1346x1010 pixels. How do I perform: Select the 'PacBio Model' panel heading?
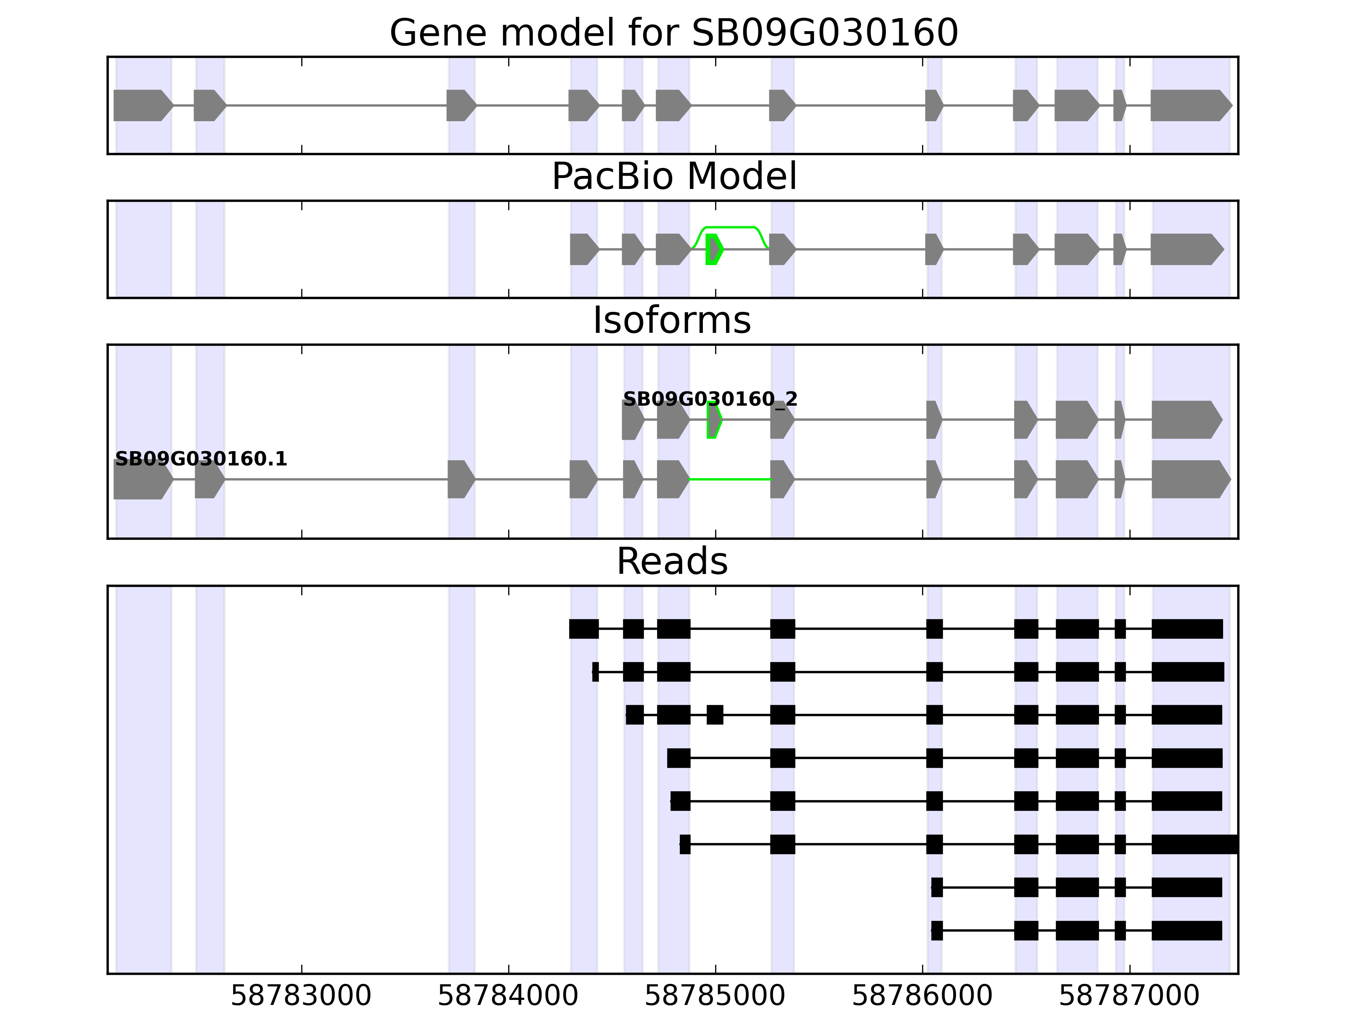click(x=673, y=177)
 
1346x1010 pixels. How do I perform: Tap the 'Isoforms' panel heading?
click(x=672, y=320)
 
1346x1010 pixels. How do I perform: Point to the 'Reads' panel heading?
click(x=672, y=561)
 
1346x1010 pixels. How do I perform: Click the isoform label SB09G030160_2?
click(x=710, y=399)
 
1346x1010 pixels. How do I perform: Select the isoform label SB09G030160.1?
click(x=201, y=459)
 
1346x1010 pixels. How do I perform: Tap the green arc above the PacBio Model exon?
click(x=730, y=228)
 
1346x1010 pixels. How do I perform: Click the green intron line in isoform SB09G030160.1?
click(x=730, y=480)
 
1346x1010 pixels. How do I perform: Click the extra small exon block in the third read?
click(x=715, y=715)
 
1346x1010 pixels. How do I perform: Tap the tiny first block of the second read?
click(x=595, y=672)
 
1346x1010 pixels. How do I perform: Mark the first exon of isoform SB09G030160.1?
click(x=141, y=480)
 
